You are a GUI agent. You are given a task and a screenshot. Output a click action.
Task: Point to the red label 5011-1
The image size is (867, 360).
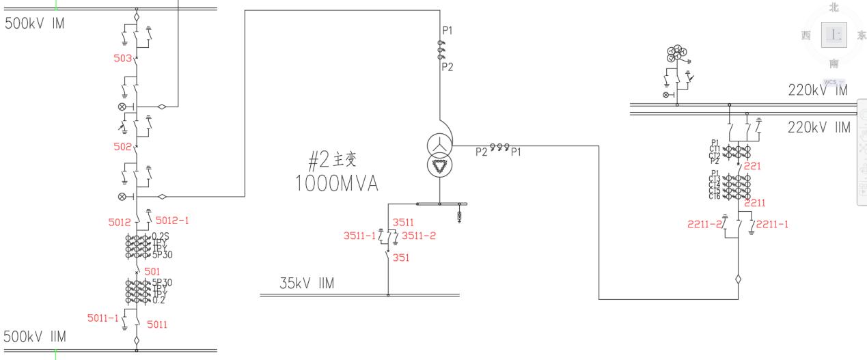click(102, 318)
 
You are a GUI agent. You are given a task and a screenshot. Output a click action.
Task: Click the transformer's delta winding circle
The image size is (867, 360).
click(439, 167)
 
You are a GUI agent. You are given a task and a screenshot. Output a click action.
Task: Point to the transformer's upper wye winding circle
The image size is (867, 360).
click(439, 145)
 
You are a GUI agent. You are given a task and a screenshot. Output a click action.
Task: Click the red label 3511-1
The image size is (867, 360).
click(359, 236)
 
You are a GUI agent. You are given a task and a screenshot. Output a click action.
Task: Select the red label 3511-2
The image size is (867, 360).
click(417, 236)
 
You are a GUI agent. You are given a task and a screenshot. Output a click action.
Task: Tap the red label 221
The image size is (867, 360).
click(752, 165)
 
